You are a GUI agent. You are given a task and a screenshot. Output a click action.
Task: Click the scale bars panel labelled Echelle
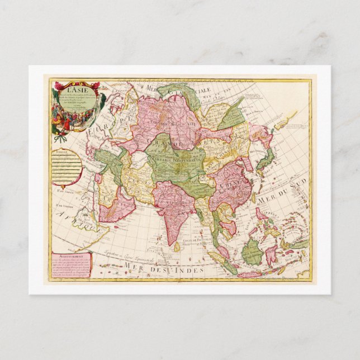tap(69, 168)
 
